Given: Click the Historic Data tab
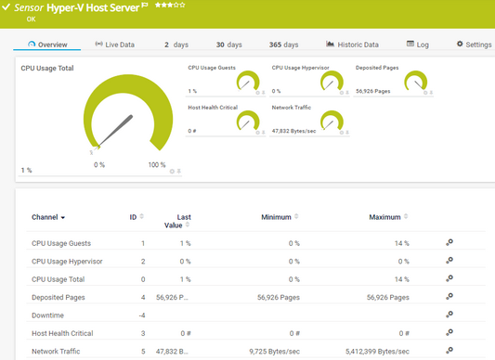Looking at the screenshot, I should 352,45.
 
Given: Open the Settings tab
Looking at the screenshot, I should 474,45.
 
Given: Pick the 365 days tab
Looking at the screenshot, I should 282,45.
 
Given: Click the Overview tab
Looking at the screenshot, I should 47,45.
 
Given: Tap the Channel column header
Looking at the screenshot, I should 48,217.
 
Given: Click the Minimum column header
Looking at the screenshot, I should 278,217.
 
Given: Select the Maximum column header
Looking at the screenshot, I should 384,217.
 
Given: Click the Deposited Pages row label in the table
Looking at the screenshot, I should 58,298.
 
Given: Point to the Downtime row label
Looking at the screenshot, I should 49,315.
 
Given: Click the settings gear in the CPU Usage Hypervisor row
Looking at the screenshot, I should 449,262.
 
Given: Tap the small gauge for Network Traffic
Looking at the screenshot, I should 329,122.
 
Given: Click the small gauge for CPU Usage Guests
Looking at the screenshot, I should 247,83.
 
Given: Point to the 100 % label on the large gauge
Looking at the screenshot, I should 157,164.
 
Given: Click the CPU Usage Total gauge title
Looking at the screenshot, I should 47,68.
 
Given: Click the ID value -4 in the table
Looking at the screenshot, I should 142,315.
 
